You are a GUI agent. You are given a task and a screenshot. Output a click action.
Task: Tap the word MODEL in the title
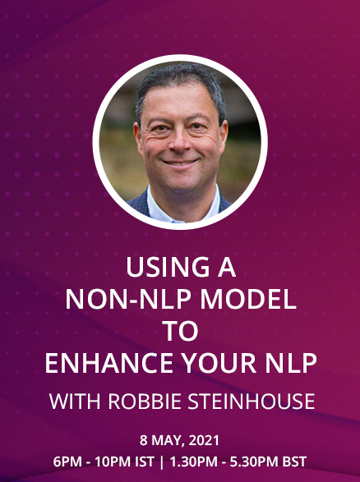click(248, 300)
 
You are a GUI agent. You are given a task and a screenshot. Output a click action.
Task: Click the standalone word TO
click(180, 331)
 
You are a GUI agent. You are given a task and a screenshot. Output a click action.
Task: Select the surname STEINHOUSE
click(251, 402)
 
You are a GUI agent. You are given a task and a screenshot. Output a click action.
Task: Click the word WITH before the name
click(75, 402)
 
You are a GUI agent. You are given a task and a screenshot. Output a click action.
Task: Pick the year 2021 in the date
click(204, 440)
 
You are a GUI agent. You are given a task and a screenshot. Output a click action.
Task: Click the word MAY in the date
click(168, 440)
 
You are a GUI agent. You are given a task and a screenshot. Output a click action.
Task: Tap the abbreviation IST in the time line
click(145, 461)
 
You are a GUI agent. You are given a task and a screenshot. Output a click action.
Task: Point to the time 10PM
click(113, 461)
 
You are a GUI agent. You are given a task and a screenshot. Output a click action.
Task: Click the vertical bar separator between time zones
click(162, 461)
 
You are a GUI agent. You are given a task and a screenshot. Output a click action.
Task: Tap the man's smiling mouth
click(180, 163)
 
